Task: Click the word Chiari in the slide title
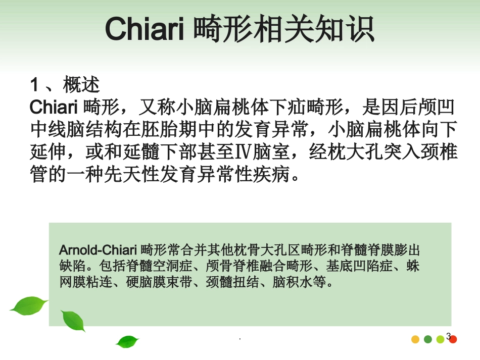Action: pyautogui.click(x=145, y=30)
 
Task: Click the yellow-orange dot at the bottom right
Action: pyautogui.click(x=415, y=339)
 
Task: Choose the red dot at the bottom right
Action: pyautogui.click(x=453, y=339)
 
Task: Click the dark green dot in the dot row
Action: pyautogui.click(x=428, y=339)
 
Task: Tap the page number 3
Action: pyautogui.click(x=448, y=335)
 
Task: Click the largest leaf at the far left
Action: pyautogui.click(x=28, y=305)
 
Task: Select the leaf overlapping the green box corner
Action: pyautogui.click(x=73, y=321)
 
